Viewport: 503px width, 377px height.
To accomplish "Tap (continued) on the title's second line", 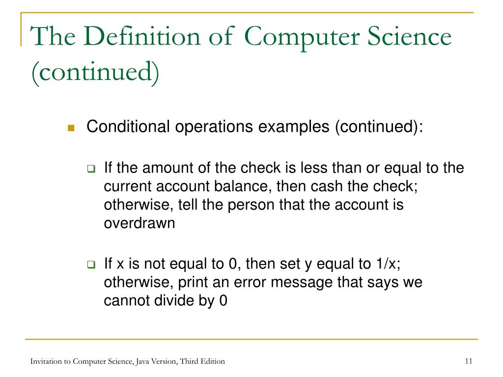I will tap(95, 73).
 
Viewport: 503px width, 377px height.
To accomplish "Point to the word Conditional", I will tap(128, 127).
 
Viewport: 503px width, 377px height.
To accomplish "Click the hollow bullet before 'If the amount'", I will tap(91, 169).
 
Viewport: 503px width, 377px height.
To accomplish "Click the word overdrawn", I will tap(139, 223).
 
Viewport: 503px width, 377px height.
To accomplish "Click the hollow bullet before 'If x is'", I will tap(91, 265).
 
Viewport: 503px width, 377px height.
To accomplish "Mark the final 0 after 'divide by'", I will tap(223, 301).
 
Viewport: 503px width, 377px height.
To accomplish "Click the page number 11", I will tap(468, 361).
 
